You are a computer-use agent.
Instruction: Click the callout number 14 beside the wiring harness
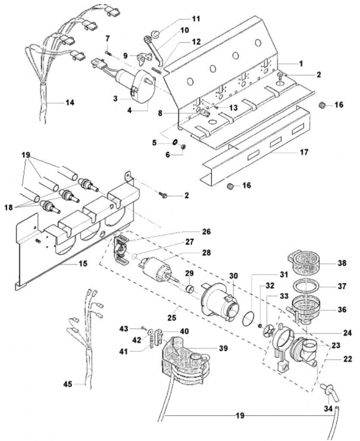click(x=70, y=102)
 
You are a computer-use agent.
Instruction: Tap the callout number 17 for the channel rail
click(x=304, y=152)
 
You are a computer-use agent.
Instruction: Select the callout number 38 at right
click(x=342, y=263)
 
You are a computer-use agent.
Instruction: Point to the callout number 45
click(x=68, y=384)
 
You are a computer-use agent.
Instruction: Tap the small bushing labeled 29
click(x=190, y=289)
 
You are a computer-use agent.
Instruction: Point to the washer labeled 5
click(x=175, y=142)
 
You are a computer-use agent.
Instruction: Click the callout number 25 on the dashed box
click(x=172, y=317)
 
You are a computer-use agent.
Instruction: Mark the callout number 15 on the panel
click(x=83, y=264)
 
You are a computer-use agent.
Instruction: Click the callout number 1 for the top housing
click(x=301, y=64)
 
